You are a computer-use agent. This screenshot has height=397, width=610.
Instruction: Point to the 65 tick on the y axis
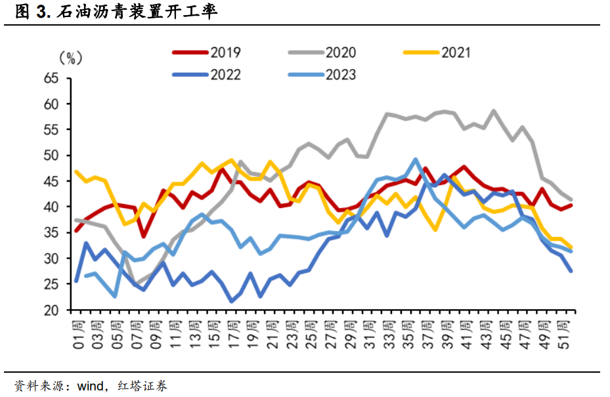point(51,79)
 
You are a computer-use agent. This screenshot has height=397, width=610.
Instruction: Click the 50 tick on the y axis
point(51,156)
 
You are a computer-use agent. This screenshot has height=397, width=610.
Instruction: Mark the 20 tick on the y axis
point(51,310)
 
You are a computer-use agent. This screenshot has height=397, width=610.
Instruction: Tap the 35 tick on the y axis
point(51,233)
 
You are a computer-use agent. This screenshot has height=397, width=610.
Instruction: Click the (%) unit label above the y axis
point(70,58)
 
